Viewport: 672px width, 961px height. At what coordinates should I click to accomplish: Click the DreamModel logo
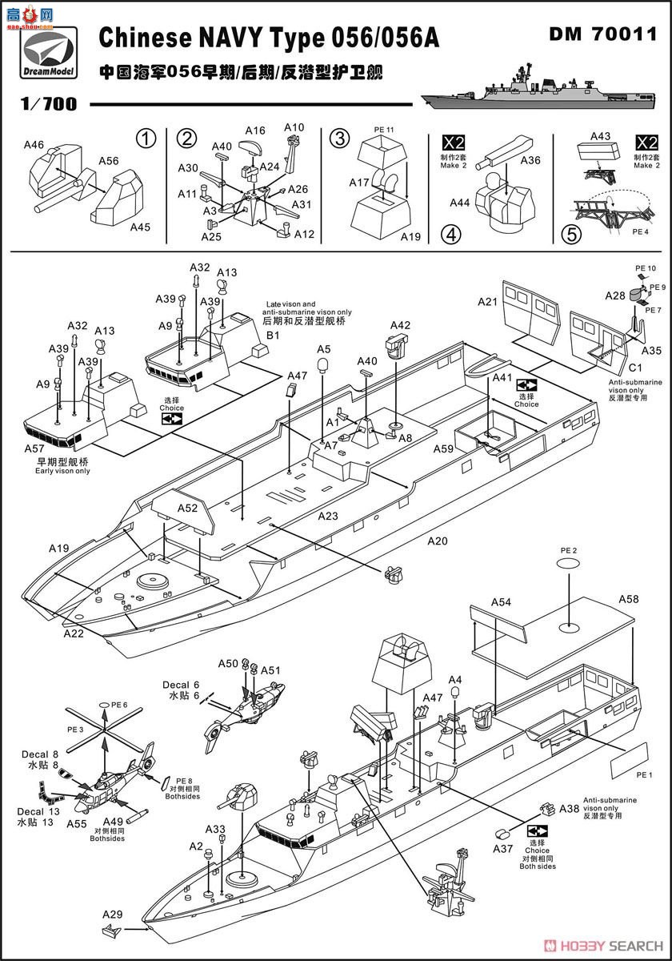[x=49, y=53]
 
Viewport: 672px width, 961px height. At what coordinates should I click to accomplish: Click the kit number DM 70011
[x=603, y=34]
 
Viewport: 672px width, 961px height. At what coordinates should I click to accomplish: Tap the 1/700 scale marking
[x=49, y=104]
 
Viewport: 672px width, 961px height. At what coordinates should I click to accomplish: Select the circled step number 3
[x=340, y=139]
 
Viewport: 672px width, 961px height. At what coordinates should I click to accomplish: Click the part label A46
[x=34, y=145]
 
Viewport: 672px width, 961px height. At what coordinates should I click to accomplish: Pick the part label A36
[x=530, y=160]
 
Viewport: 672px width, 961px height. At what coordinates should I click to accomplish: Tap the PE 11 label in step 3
[x=383, y=130]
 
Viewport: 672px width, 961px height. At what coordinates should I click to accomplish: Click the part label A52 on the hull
[x=188, y=508]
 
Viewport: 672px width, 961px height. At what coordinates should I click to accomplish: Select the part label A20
[x=438, y=541]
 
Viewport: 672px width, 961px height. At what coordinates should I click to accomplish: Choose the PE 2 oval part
[x=569, y=563]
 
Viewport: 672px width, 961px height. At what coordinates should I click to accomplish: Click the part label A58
[x=629, y=599]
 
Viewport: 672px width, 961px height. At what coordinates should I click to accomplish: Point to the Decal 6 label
[x=181, y=685]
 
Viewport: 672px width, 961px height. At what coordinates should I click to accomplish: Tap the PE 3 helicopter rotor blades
[x=104, y=730]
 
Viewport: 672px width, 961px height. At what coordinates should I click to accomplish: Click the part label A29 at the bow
[x=112, y=915]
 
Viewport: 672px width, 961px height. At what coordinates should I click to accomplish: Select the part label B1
[x=273, y=335]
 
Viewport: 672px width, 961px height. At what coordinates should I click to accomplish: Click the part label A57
[x=34, y=448]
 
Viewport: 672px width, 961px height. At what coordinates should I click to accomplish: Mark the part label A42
[x=400, y=326]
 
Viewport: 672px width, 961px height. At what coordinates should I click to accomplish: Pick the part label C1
[x=635, y=368]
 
